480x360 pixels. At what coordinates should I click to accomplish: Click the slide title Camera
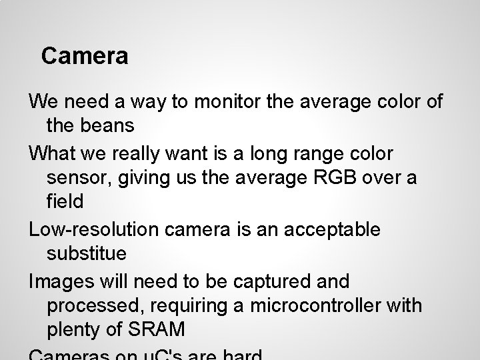tap(85, 56)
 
